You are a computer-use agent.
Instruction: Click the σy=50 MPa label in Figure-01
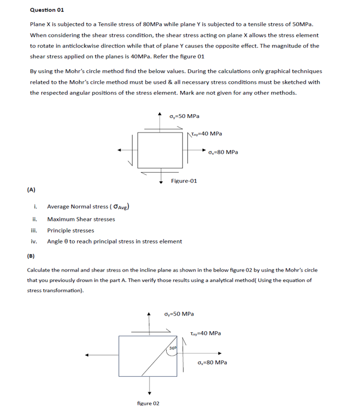(184, 116)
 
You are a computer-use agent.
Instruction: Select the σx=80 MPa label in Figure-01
(222, 152)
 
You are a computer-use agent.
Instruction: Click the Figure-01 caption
(184, 181)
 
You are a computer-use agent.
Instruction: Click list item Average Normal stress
(87, 206)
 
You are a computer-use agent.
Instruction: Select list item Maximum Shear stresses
(81, 219)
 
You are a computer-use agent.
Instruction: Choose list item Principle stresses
(70, 230)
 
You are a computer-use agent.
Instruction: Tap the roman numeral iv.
(34, 241)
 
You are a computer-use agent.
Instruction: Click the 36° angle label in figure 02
(173, 347)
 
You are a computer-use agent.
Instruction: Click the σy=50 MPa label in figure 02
(179, 314)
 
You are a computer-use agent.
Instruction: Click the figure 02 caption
(148, 403)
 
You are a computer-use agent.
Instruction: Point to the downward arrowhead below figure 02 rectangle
(150, 393)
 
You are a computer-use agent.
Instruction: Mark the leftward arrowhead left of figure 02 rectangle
(86, 356)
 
